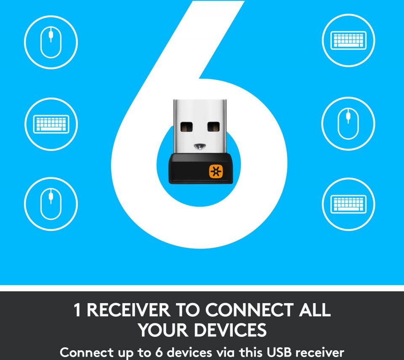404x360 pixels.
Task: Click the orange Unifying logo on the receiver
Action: (x=215, y=171)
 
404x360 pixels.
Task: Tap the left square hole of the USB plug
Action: (x=186, y=127)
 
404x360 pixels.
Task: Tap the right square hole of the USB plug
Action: (x=214, y=127)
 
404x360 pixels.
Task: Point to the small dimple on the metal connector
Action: (x=200, y=147)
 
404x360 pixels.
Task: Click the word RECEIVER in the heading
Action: (x=129, y=310)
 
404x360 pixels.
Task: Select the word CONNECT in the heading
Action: (x=249, y=310)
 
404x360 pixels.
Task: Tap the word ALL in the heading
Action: (x=315, y=310)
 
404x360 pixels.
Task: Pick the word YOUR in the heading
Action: (x=163, y=330)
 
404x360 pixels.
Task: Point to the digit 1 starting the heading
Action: (x=77, y=310)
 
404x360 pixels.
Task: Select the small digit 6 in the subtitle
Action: (x=159, y=352)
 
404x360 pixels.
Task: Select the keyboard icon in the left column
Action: (x=51, y=124)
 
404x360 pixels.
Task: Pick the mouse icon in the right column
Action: (x=348, y=124)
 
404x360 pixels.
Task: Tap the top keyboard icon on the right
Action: (x=348, y=40)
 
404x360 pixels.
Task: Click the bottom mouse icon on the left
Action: (x=51, y=204)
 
